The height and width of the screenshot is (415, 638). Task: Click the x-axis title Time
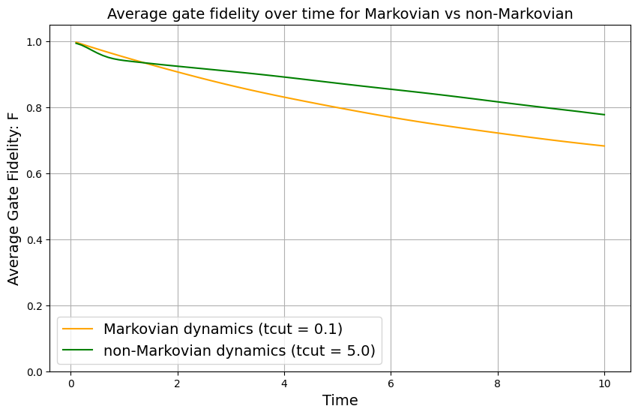pyautogui.click(x=340, y=400)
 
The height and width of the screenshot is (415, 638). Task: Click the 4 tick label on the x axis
pyautogui.click(x=284, y=383)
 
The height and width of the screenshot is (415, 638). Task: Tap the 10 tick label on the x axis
pyautogui.click(x=604, y=383)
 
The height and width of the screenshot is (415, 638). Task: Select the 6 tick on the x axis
pyautogui.click(x=391, y=383)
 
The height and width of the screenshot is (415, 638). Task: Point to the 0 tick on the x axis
pyautogui.click(x=70, y=383)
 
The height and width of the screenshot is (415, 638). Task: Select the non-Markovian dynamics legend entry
pyautogui.click(x=238, y=350)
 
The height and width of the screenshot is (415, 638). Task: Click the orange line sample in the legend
pyautogui.click(x=79, y=329)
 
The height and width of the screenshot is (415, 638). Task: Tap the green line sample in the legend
pyautogui.click(x=79, y=350)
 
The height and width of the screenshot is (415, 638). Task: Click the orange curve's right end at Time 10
pyautogui.click(x=604, y=146)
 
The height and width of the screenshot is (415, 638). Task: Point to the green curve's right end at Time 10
pyautogui.click(x=604, y=115)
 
